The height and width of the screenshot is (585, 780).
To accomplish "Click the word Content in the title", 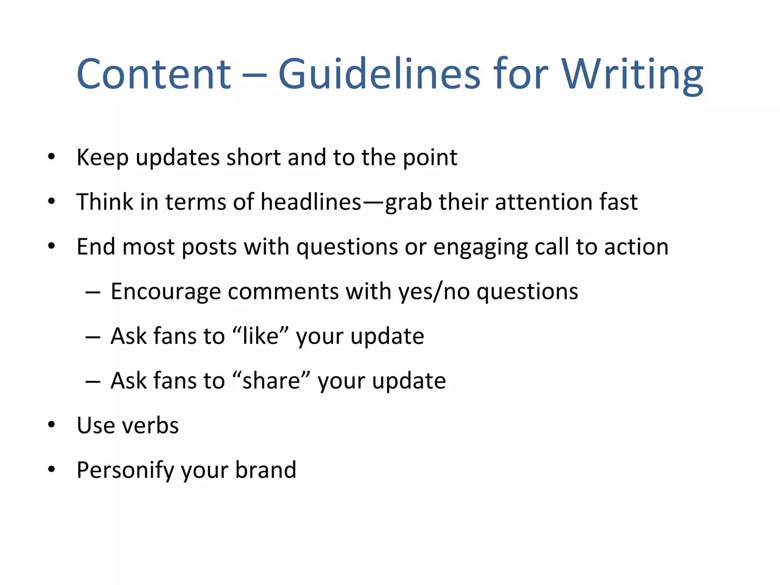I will (153, 74).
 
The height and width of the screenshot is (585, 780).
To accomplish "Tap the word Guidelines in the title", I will (379, 74).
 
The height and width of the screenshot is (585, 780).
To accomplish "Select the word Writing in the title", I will (632, 75).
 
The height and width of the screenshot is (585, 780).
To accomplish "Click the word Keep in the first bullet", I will (102, 158).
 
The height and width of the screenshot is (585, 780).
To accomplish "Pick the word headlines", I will (310, 202).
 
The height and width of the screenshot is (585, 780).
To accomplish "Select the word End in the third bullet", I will (96, 246).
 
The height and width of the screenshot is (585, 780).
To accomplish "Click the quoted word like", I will (261, 336).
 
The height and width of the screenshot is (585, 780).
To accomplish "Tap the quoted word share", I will (271, 380).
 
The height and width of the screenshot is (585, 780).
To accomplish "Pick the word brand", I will (265, 470).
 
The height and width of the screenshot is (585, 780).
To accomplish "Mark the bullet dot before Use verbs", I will (52, 425).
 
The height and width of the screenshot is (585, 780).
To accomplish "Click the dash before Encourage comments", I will (93, 292).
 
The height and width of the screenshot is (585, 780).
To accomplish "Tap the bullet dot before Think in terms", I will (52, 201).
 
